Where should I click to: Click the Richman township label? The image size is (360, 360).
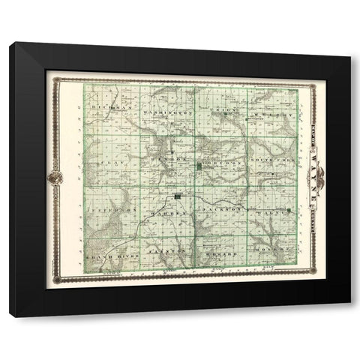107,109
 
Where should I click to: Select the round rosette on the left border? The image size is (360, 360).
55,178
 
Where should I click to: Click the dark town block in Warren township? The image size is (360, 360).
177,197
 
